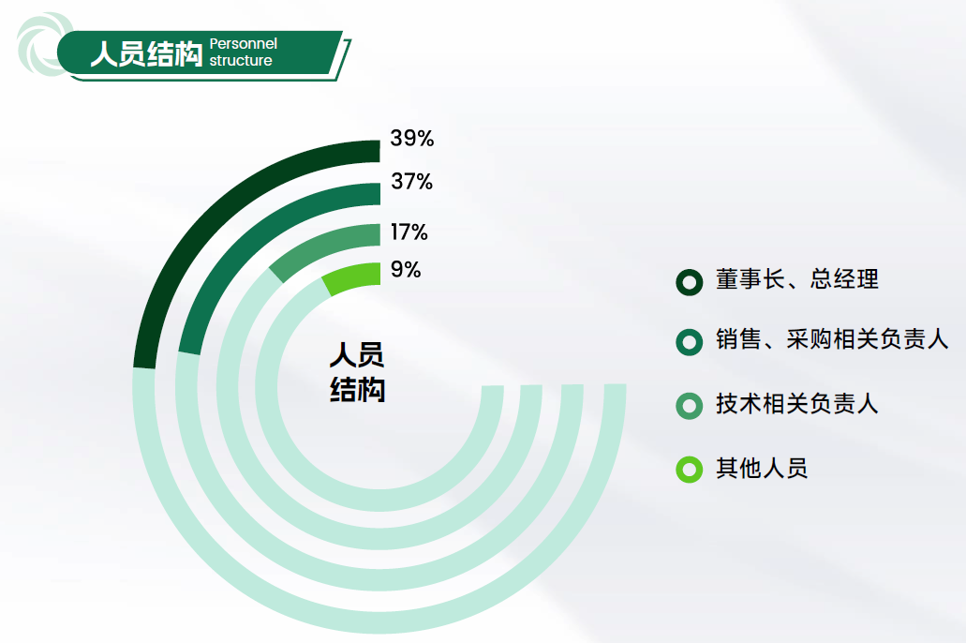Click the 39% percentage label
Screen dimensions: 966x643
point(412,138)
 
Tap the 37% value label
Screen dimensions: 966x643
point(412,181)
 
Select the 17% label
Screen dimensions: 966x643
point(409,232)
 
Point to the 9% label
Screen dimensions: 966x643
point(406,269)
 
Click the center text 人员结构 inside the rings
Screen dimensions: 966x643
point(357,372)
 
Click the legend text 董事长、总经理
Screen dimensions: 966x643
point(797,279)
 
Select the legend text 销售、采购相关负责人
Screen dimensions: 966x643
point(832,339)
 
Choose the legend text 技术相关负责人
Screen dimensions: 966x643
point(796,404)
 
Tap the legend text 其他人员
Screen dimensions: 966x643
point(762,469)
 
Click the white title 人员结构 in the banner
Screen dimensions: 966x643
point(146,53)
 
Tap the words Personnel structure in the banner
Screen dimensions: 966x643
point(244,52)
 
